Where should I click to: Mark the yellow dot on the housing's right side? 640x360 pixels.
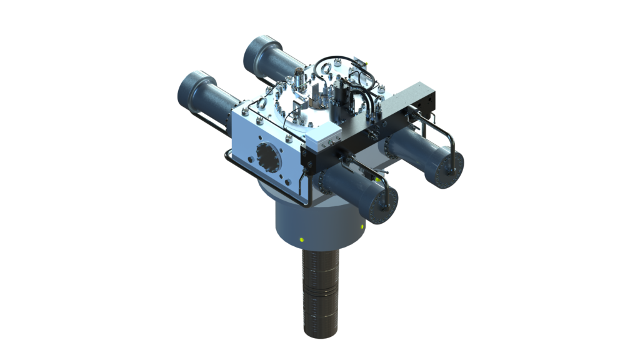point(363,225)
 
